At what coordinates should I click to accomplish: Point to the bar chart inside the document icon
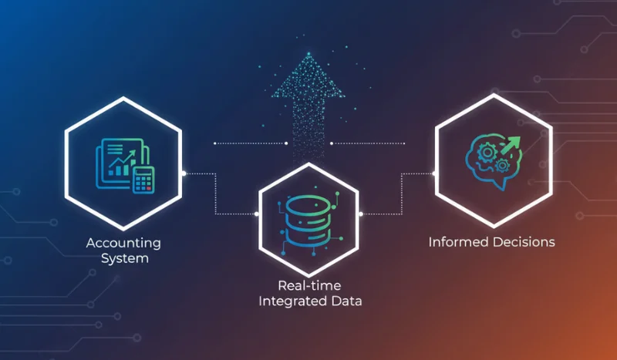[120, 163]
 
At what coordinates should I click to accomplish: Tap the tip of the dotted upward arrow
[308, 56]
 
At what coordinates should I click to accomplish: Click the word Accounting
[123, 243]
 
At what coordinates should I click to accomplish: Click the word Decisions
[521, 242]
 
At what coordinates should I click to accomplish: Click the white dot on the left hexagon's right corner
[184, 173]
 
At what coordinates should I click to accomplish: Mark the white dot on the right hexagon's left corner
[434, 173]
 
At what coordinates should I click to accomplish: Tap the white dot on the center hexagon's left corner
[258, 214]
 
